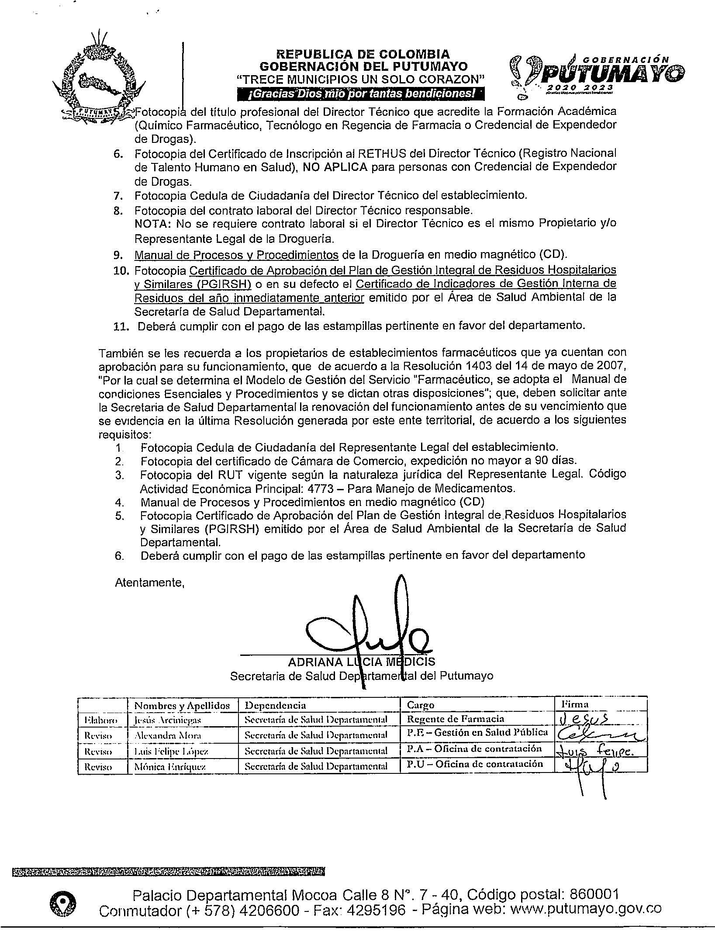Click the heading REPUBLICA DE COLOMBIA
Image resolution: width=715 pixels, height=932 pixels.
(363, 54)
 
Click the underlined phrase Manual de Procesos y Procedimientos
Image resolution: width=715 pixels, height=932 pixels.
(236, 254)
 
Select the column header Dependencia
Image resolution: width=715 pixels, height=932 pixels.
(275, 705)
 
